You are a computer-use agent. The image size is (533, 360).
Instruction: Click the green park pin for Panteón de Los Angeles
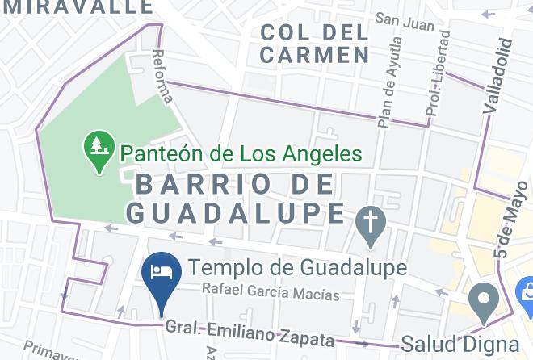point(99,149)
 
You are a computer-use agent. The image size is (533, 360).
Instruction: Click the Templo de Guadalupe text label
point(297,267)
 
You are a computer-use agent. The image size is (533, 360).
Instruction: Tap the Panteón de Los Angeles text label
point(240,153)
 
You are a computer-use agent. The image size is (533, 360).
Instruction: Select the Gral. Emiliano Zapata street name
point(250,333)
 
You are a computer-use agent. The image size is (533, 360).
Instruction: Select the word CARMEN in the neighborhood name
point(314,56)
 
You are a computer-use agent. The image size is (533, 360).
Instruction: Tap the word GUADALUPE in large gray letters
point(237,212)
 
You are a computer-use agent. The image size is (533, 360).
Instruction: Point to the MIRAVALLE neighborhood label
point(77,7)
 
